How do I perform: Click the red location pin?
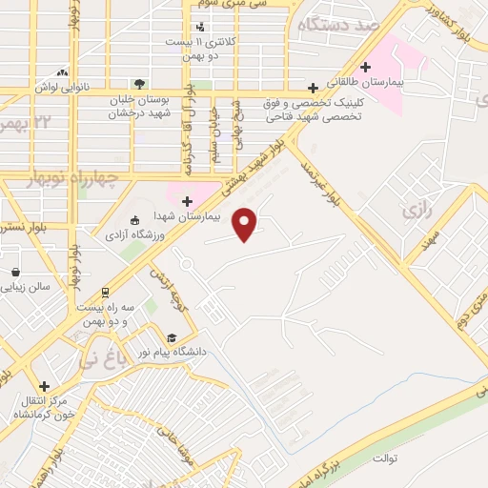246,223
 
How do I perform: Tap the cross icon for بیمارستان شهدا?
187,201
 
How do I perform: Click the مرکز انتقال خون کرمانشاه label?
34,407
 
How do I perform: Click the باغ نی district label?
100,361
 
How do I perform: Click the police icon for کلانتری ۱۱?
200,27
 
